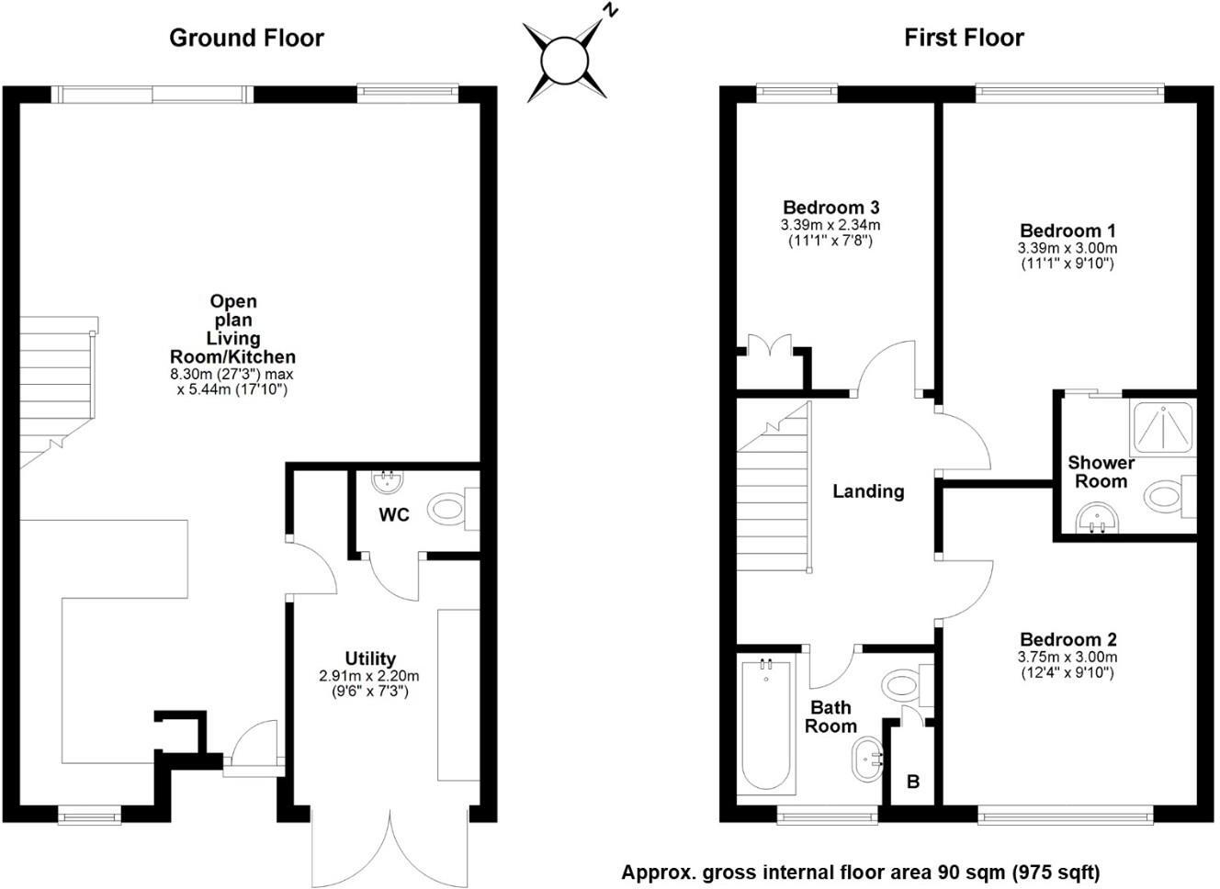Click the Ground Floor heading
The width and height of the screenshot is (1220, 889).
[x=246, y=38]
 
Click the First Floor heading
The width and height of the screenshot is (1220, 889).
[x=964, y=38]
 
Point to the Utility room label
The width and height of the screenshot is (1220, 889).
[x=370, y=658]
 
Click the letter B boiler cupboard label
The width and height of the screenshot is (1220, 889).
[x=913, y=782]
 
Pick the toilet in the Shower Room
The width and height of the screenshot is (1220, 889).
[x=1168, y=498]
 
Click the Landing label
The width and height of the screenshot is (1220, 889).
[x=868, y=491]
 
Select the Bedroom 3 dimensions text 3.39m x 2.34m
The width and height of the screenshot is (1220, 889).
[x=830, y=225]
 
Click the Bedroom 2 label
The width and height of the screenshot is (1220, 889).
[x=1068, y=639]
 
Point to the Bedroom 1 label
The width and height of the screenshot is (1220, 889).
[x=1067, y=231]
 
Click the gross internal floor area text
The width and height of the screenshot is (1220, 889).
[x=860, y=872]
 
